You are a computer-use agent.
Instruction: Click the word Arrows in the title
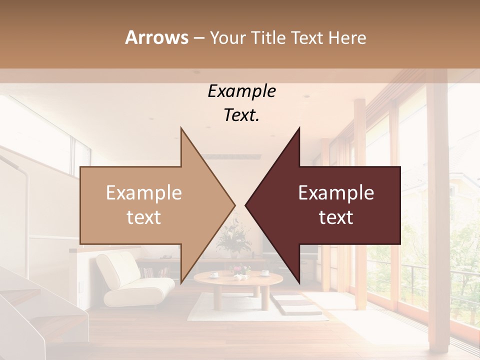[x=156, y=37]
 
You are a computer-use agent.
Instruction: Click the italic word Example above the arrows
[x=241, y=91]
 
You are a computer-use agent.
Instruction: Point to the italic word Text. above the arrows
[x=241, y=115]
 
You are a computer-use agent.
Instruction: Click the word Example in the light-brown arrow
[x=143, y=193]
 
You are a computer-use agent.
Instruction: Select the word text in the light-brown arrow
[x=143, y=217]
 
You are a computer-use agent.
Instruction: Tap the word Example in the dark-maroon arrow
[x=336, y=193]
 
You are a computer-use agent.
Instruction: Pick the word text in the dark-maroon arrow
[x=336, y=217]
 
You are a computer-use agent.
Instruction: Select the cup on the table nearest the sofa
[x=213, y=274]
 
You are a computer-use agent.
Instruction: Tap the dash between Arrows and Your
[x=198, y=38]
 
